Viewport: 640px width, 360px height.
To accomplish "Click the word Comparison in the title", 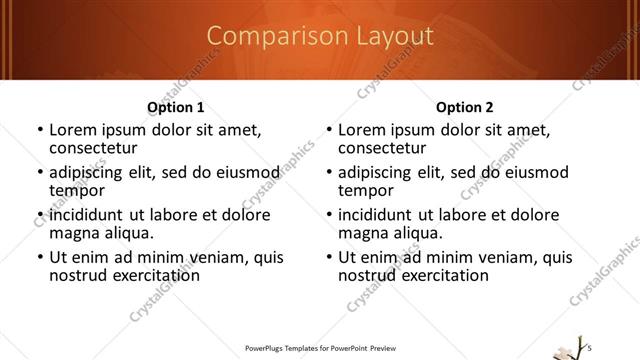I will point(261,37).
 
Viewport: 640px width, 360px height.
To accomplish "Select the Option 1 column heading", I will point(175,107).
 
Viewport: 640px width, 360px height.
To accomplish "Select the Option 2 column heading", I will point(465,107).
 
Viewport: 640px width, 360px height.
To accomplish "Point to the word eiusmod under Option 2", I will point(533,172).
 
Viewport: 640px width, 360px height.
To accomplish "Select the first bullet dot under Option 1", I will point(39,130).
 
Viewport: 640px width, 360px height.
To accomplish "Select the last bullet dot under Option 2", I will point(329,258).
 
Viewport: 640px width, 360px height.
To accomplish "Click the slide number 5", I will point(589,345).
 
